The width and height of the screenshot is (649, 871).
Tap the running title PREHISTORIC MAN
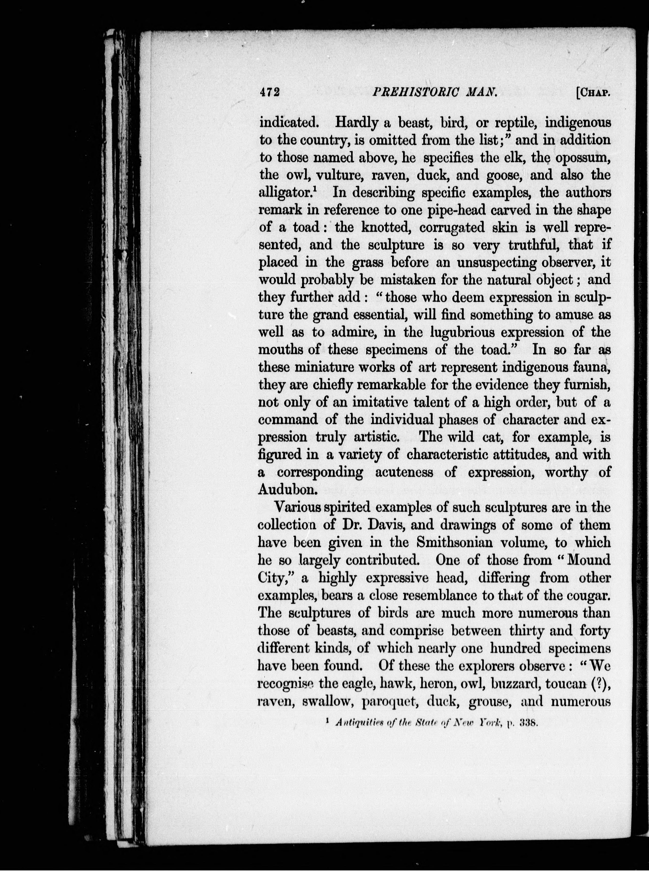point(434,92)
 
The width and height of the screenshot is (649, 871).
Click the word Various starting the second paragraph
point(301,507)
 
